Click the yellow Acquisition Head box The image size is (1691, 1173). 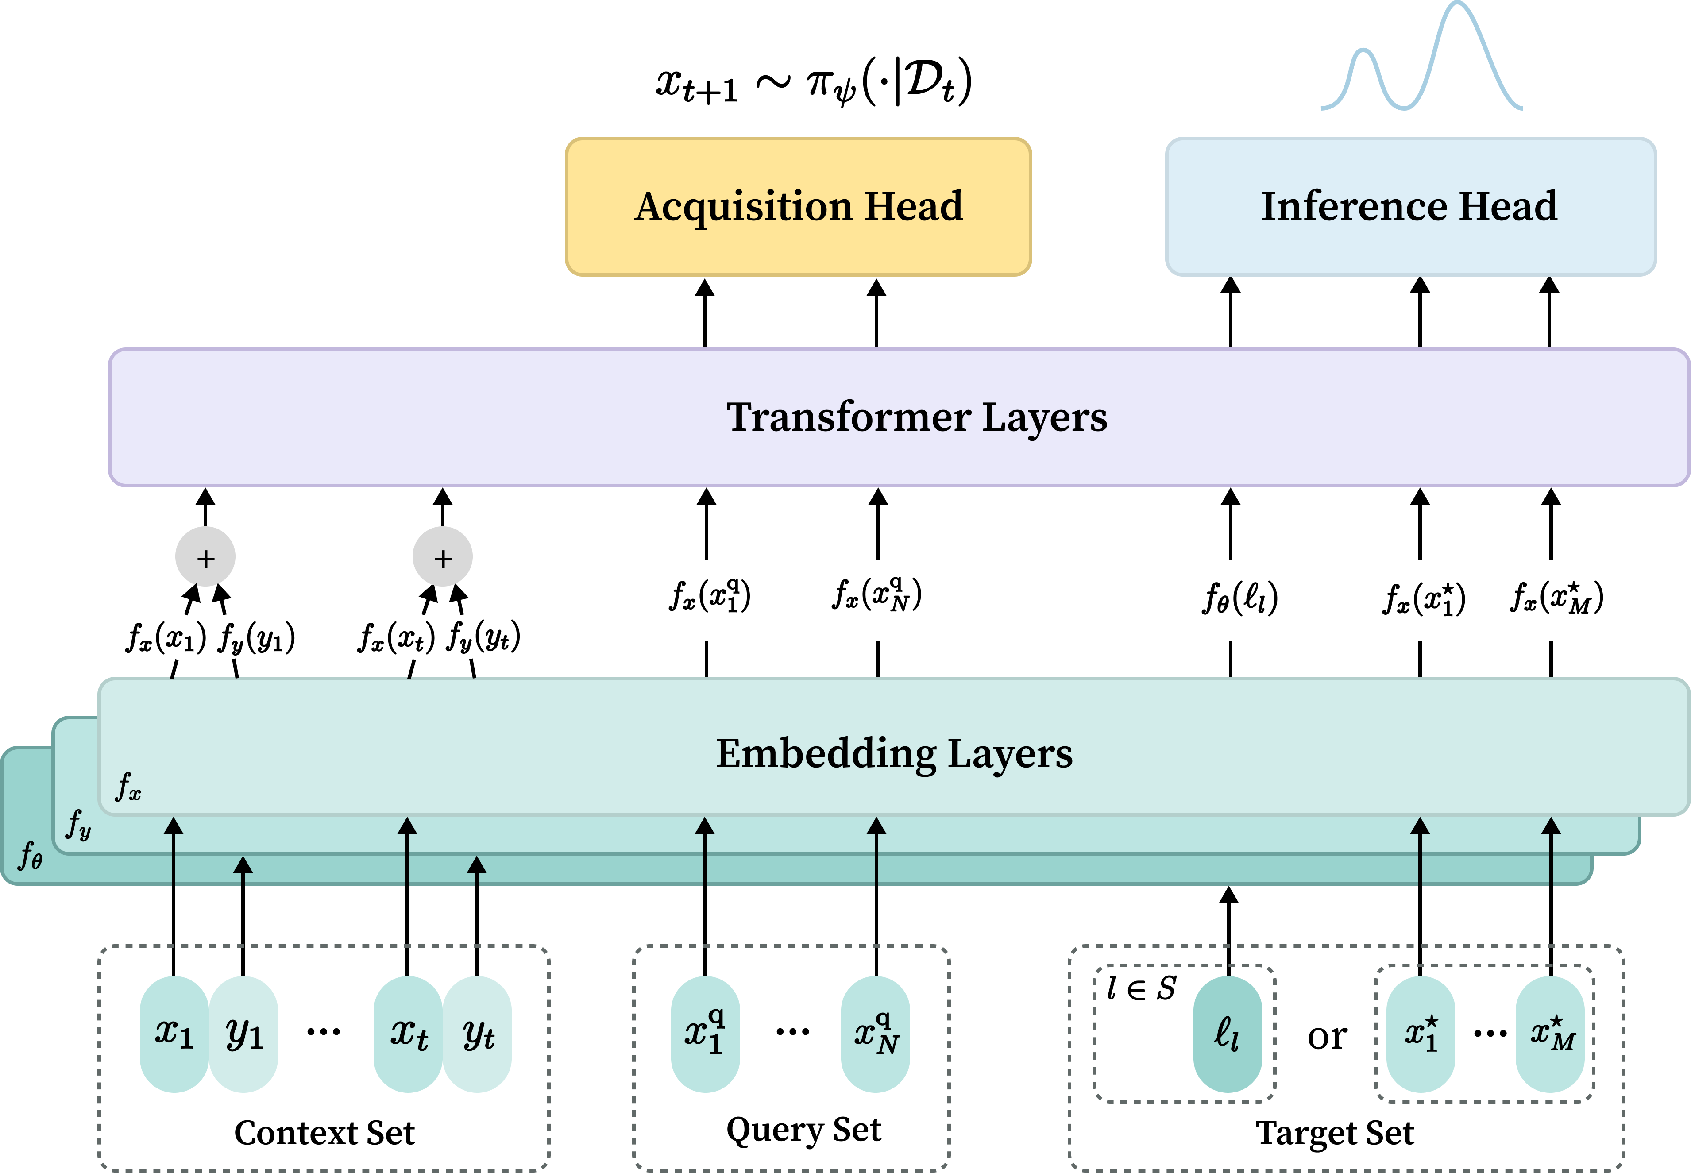coord(798,207)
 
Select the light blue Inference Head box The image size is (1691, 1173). coord(1410,207)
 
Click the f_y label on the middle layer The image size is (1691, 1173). coord(78,825)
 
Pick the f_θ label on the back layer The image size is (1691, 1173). coord(30,856)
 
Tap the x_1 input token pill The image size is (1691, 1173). coord(174,1034)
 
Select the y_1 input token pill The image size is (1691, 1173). coord(244,1034)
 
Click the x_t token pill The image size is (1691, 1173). coord(408,1034)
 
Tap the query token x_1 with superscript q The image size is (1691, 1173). coord(705,1034)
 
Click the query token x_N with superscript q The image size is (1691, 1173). coord(875,1034)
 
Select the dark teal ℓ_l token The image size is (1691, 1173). coord(1227,1034)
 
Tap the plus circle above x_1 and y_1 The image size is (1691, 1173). coord(205,558)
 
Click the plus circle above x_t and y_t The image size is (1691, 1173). coord(442,558)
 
